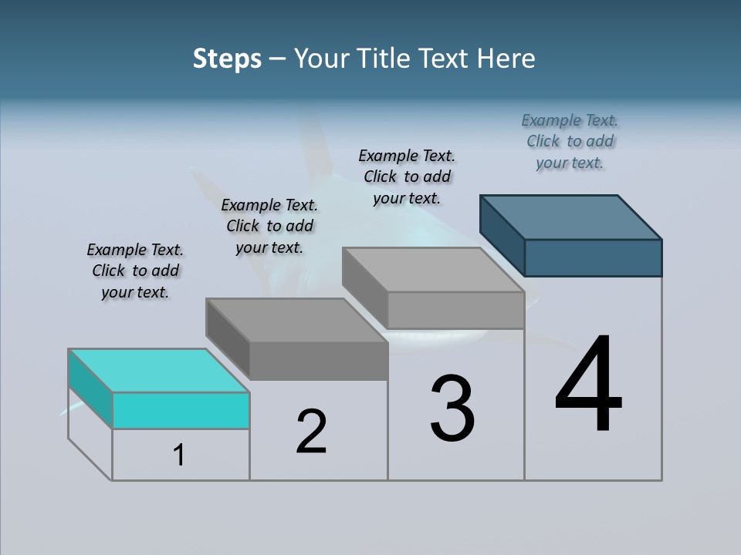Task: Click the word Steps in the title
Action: click(x=227, y=59)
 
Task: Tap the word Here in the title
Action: click(x=506, y=59)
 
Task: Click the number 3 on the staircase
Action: click(x=452, y=409)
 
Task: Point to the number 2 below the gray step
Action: click(x=311, y=432)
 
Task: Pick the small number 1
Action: click(x=179, y=456)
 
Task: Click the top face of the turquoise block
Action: click(x=158, y=371)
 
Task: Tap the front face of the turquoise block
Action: click(x=181, y=410)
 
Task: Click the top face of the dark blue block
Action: click(x=571, y=217)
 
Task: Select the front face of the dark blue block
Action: click(x=593, y=257)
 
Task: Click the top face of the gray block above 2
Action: click(x=296, y=320)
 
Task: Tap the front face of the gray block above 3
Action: click(x=455, y=310)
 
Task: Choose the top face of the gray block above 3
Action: click(x=433, y=270)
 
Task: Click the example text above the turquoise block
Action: click(x=135, y=271)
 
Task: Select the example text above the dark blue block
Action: click(x=570, y=141)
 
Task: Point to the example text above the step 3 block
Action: click(x=407, y=177)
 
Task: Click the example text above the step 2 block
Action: click(x=269, y=226)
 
